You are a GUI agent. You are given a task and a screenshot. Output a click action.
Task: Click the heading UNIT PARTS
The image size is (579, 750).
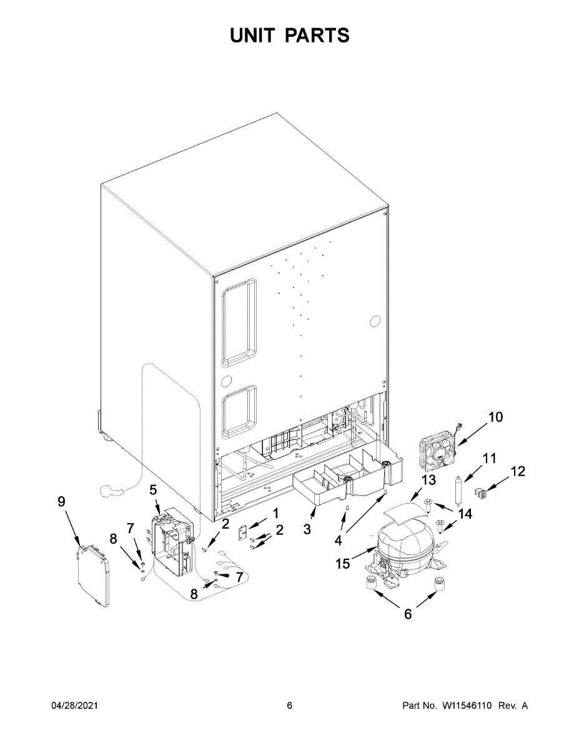(289, 36)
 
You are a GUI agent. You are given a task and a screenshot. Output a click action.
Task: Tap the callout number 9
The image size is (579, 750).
(61, 501)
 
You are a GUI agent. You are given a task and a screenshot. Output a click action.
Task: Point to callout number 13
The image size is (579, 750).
(428, 480)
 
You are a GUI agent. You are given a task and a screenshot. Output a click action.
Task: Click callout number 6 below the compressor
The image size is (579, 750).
(407, 614)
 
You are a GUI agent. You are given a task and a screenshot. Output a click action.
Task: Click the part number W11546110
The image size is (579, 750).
(468, 706)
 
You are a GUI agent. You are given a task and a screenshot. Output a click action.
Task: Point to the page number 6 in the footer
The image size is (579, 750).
(289, 706)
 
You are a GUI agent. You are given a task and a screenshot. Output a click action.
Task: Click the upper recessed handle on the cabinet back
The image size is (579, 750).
(239, 322)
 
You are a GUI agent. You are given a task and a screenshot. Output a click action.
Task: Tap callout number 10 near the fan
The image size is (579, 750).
(495, 417)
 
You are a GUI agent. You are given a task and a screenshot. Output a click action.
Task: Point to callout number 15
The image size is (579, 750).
(343, 564)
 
